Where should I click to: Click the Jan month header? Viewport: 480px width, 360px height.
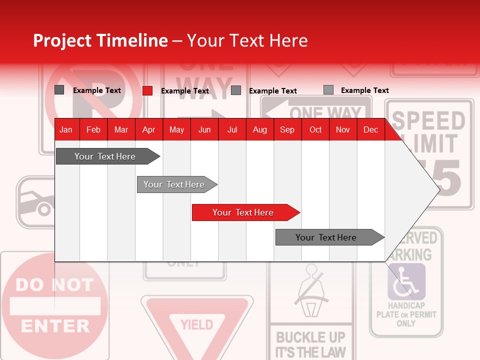[66, 130]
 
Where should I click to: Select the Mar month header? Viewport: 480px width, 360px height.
[121, 130]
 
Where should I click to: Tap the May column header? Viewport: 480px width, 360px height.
[176, 130]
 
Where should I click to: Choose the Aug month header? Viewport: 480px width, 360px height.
[259, 130]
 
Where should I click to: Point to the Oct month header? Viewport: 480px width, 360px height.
[315, 130]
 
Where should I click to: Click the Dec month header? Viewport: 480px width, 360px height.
[370, 130]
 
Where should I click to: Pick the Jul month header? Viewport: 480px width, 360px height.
[232, 130]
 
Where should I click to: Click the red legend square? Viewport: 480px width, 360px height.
[147, 90]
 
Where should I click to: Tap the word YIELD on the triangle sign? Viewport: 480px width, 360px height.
[196, 325]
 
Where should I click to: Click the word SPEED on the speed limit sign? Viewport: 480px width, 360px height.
[428, 121]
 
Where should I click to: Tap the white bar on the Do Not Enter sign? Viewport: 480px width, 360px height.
[55, 306]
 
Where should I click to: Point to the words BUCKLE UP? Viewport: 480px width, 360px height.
[310, 337]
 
